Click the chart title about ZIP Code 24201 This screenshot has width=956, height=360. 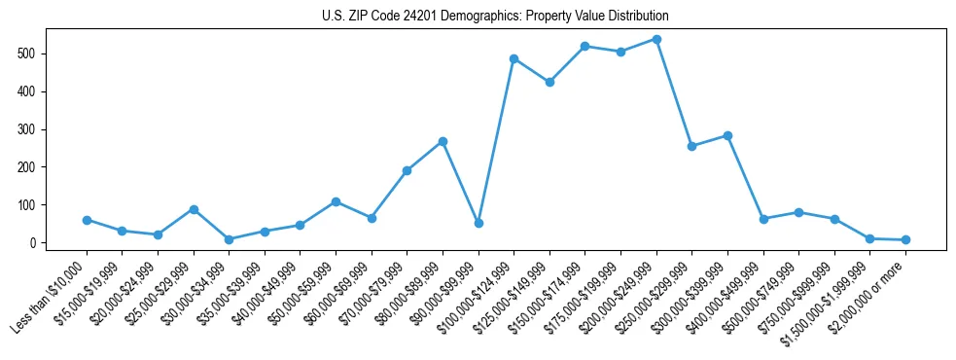[x=495, y=17]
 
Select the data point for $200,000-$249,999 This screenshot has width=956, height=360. [x=656, y=39]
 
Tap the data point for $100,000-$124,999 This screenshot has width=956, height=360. [x=513, y=58]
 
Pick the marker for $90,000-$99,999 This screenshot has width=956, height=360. [x=478, y=223]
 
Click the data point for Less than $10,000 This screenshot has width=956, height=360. [x=87, y=220]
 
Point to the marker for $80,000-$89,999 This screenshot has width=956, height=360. [x=443, y=141]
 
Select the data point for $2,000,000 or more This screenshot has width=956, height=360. [x=905, y=239]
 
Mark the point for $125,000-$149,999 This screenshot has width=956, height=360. [x=549, y=82]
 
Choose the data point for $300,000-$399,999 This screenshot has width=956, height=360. [x=727, y=135]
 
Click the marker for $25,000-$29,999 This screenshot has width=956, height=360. [x=194, y=209]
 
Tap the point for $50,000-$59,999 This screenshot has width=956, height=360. [x=336, y=201]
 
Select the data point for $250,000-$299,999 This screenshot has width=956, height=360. [x=691, y=146]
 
